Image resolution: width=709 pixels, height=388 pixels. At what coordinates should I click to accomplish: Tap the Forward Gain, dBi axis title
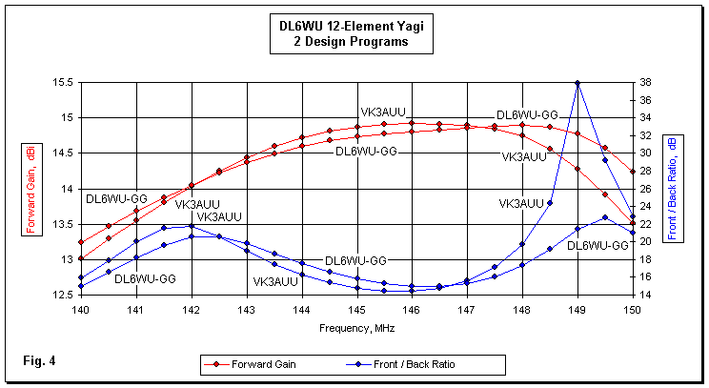coord(28,188)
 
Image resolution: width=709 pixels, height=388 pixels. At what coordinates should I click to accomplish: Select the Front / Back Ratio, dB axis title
coord(674,188)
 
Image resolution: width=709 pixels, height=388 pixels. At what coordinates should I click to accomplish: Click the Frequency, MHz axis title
coord(356,327)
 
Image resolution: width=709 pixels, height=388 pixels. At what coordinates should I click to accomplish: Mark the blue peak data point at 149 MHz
coord(577,83)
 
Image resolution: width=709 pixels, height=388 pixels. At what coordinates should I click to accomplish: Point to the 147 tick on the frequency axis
coord(467,310)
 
